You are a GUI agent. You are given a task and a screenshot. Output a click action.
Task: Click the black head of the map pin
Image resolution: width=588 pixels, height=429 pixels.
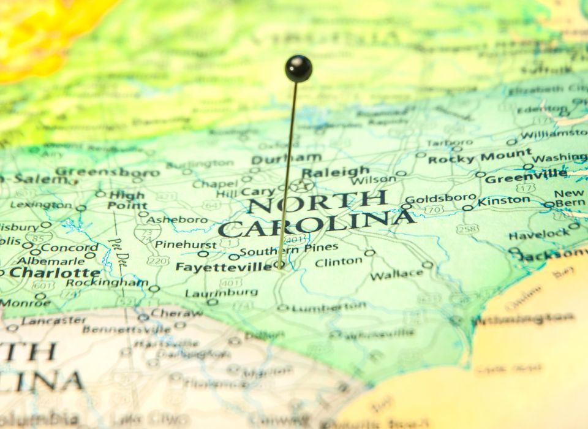(x=298, y=68)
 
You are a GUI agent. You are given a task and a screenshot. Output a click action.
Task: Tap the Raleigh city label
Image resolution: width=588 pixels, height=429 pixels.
(x=336, y=172)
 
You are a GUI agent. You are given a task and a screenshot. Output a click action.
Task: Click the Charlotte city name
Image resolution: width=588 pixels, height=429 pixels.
(x=55, y=272)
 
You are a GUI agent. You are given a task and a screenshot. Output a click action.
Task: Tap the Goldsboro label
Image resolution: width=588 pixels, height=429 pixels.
(x=440, y=199)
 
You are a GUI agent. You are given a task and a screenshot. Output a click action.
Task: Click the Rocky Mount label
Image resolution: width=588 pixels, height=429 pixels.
(x=480, y=157)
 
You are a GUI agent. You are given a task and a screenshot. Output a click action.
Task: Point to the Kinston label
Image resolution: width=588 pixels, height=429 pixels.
(x=504, y=200)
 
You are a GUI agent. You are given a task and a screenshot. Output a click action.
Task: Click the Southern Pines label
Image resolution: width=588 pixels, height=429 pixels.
(x=288, y=249)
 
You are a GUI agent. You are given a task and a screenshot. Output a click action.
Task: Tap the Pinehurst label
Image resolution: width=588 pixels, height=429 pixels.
(x=178, y=244)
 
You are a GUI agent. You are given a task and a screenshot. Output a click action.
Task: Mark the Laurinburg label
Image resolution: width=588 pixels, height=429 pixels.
(x=214, y=293)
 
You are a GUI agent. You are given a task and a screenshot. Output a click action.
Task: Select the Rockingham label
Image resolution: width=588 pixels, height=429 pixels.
(x=107, y=283)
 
